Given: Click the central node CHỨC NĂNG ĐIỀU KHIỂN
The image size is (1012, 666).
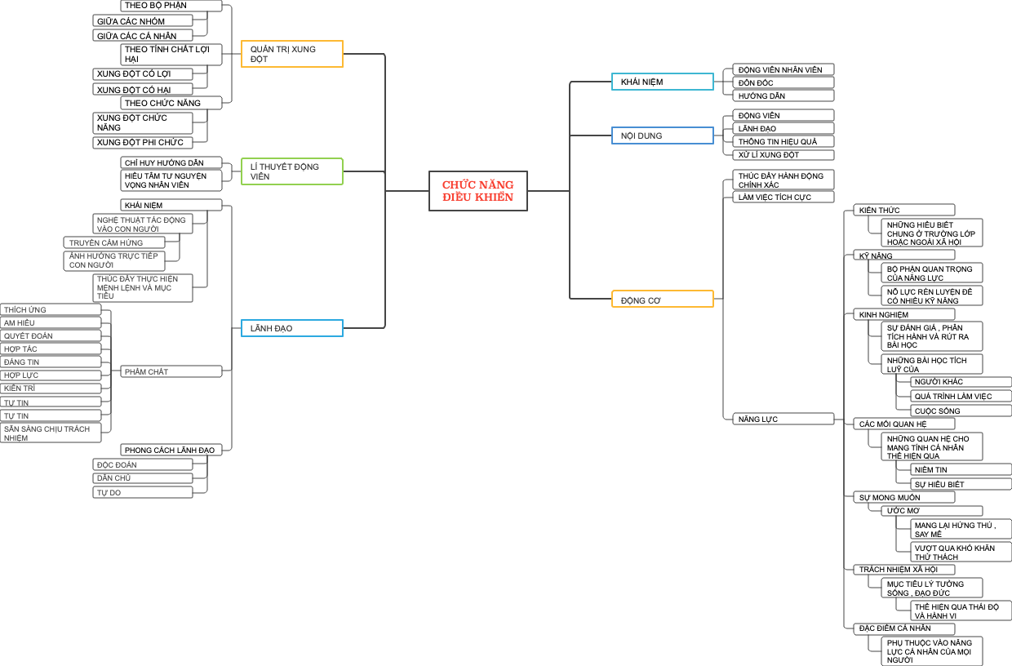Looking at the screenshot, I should click(x=477, y=191).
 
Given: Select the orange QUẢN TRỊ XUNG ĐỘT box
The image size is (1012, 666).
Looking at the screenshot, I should click(x=291, y=54).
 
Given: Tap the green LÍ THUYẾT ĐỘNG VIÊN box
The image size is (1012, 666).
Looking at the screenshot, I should click(x=291, y=171).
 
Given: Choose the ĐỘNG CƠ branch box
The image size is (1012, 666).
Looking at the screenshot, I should click(x=662, y=300).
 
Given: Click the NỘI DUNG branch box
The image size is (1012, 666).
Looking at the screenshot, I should click(x=662, y=135).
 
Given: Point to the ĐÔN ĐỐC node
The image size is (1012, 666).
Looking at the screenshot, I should click(x=782, y=82).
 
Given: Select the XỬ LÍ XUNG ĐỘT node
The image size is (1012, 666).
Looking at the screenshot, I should click(x=782, y=154).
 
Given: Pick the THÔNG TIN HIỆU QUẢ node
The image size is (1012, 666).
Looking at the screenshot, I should click(x=782, y=141).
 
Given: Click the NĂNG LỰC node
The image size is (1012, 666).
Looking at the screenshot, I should click(x=782, y=419).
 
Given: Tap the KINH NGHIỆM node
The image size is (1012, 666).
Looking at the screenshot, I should click(x=903, y=314).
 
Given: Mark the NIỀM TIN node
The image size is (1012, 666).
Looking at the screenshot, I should click(x=960, y=469).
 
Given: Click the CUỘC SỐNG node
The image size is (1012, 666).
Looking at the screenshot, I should click(x=960, y=411).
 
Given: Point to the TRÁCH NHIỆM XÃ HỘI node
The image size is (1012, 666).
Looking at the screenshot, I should click(x=903, y=569).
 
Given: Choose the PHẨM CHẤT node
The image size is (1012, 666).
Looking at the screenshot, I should click(x=171, y=371).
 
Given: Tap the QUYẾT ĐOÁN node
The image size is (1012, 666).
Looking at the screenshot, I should click(x=51, y=335).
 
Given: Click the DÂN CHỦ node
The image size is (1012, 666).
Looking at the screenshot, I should click(x=143, y=477).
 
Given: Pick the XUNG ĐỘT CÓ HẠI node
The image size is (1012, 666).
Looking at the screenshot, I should click(x=143, y=89).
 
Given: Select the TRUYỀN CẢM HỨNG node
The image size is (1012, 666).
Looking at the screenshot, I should click(x=114, y=242).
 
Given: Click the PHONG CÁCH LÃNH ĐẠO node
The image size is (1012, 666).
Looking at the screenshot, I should click(x=171, y=450).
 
